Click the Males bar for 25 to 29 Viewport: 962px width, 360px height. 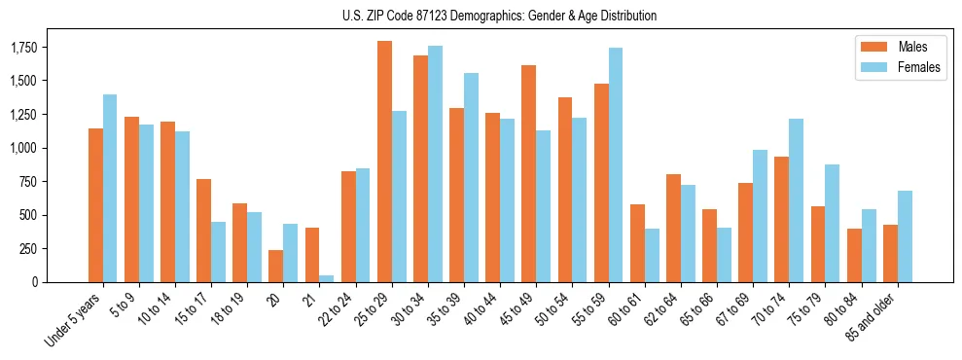[x=384, y=162]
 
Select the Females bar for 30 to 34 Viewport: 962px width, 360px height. [x=435, y=163]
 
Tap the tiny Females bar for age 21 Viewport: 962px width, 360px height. [x=327, y=278]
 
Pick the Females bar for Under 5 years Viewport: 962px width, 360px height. [x=110, y=188]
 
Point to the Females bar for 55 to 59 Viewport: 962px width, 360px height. [x=616, y=164]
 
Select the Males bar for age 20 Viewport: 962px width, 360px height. [x=276, y=266]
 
